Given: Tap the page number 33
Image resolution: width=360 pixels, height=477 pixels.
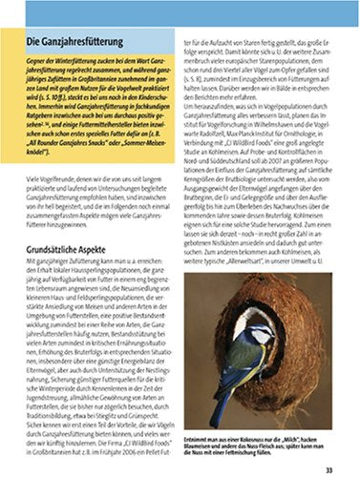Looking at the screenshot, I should (328, 467).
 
